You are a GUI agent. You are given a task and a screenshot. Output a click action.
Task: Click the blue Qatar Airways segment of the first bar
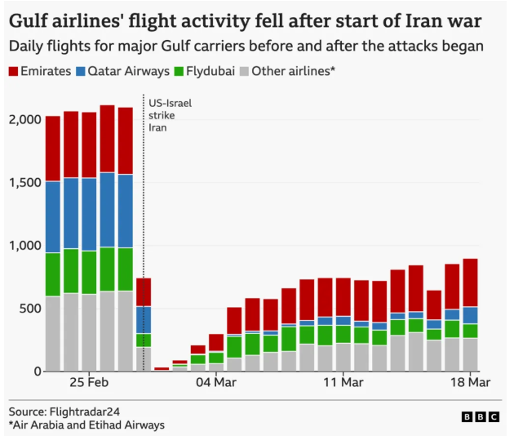point(53,217)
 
